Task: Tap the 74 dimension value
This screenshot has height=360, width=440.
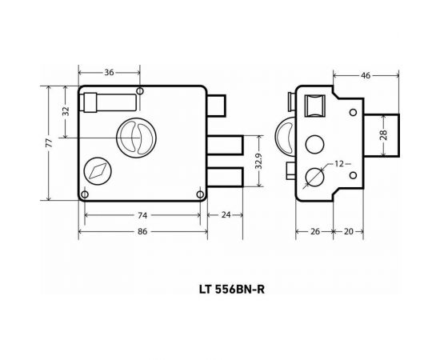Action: pos(141,215)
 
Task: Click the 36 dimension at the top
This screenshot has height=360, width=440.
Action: pos(110,73)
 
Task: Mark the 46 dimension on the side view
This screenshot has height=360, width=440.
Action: pos(365,77)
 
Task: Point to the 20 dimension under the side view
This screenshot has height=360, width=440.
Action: pos(349,231)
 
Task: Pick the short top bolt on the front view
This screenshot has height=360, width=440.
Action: pos(217,106)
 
